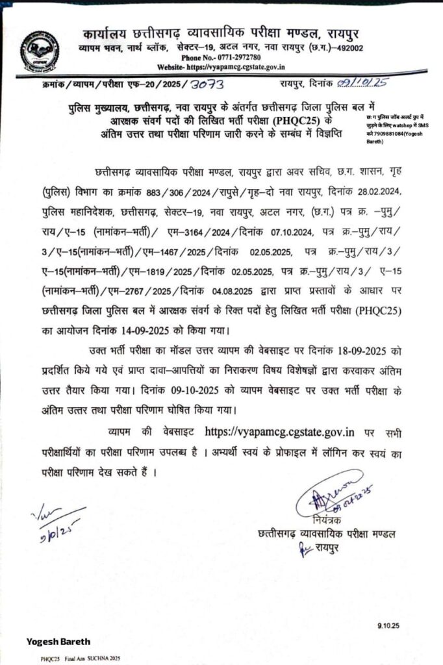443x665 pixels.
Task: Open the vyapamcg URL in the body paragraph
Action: click(279, 431)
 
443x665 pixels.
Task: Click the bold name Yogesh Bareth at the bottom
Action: click(58, 642)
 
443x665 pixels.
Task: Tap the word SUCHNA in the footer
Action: click(92, 659)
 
